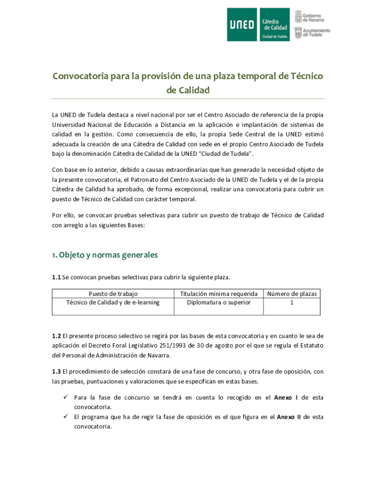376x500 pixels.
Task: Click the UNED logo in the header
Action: pos(242,24)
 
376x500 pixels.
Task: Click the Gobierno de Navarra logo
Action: pos(312,17)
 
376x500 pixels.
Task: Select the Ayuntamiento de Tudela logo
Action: pos(312,33)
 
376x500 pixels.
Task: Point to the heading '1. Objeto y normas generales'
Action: pos(105,255)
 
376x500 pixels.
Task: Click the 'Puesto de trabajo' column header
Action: pos(113,294)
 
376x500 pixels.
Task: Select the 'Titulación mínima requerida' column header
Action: pos(219,294)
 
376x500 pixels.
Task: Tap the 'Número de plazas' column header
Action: pos(292,294)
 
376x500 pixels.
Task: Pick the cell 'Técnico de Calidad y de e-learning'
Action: pos(113,303)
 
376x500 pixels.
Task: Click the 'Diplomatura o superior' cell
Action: pos(219,303)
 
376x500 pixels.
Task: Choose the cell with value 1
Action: pos(292,303)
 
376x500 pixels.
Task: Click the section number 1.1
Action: pos(57,278)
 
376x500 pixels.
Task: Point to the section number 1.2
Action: pos(57,336)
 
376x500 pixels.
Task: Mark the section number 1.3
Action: pos(57,372)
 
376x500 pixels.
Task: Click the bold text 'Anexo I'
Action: pos(286,398)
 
